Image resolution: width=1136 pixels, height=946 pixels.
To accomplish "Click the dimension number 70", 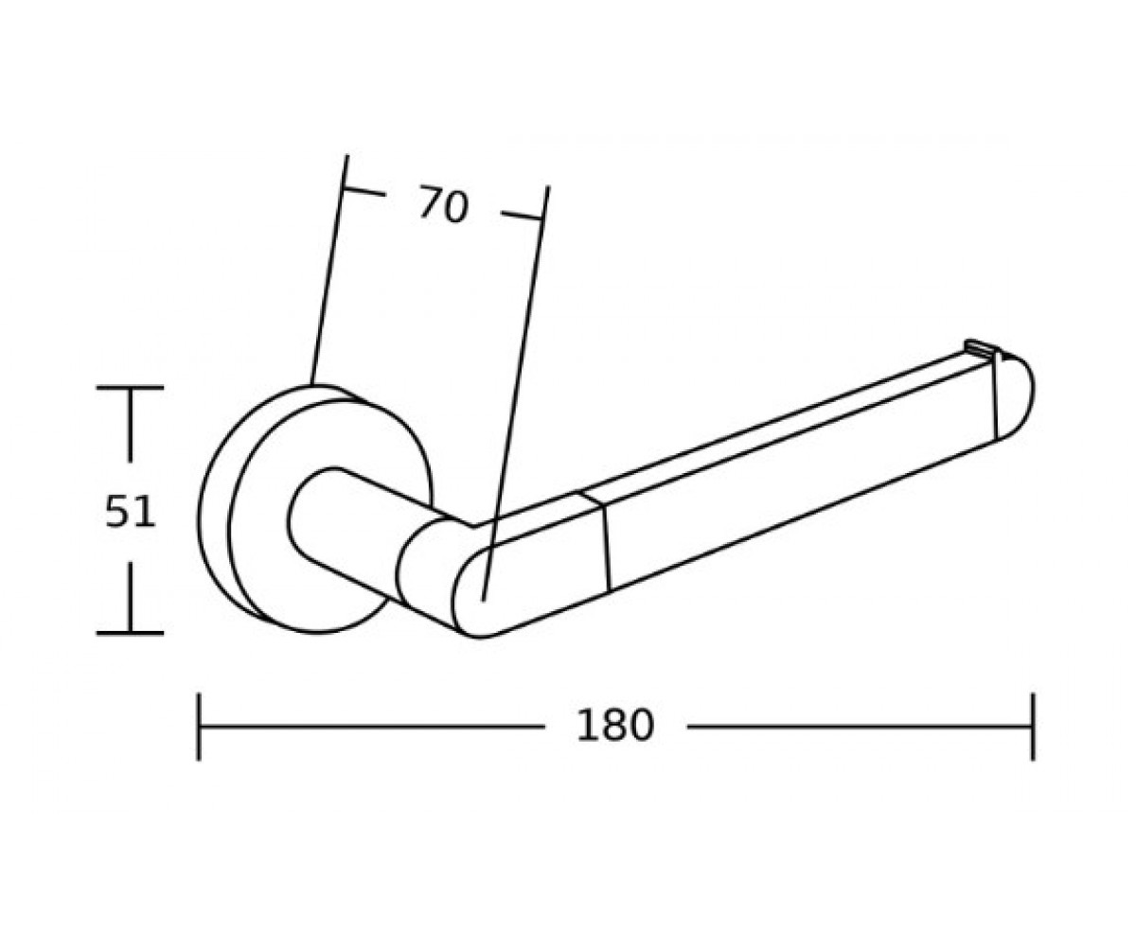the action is coord(443,204).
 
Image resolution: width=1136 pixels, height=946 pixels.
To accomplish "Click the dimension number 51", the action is coord(130,512).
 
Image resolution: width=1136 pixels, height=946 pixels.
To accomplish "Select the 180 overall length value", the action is coord(614,726).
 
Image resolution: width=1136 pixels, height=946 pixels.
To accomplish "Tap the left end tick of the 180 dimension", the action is coord(199,727).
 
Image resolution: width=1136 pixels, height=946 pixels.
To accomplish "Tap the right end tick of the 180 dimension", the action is coord(1033,727).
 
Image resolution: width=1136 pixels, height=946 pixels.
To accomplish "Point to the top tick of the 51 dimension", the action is coord(130,387).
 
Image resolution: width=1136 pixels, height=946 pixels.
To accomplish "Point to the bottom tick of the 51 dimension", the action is coord(130,633).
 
